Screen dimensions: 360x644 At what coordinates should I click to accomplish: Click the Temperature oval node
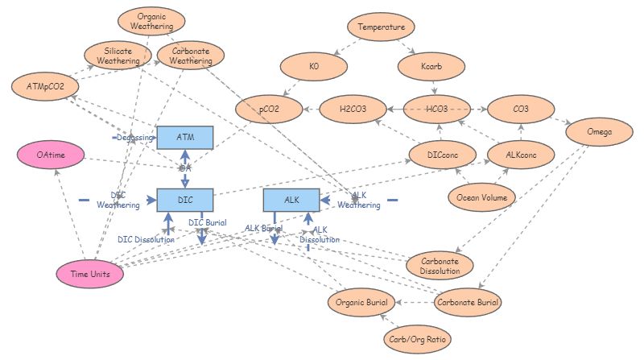tap(382, 27)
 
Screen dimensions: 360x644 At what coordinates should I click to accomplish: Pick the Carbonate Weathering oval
tap(191, 56)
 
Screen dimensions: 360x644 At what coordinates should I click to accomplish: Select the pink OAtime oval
tap(50, 154)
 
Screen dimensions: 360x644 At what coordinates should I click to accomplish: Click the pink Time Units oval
tap(90, 274)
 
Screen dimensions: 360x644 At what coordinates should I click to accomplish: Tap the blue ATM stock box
tap(184, 138)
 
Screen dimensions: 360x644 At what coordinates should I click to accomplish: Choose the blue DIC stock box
tap(184, 198)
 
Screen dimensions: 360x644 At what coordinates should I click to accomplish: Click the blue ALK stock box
tap(291, 198)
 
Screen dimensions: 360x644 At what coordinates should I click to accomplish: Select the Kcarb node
tap(431, 68)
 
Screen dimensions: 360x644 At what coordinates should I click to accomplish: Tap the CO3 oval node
tap(521, 108)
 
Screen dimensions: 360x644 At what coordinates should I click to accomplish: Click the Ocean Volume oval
tap(481, 197)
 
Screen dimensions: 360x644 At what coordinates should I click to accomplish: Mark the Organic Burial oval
tap(361, 303)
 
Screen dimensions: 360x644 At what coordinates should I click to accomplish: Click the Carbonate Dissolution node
tap(440, 266)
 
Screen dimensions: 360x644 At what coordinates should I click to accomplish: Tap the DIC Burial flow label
tap(207, 223)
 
